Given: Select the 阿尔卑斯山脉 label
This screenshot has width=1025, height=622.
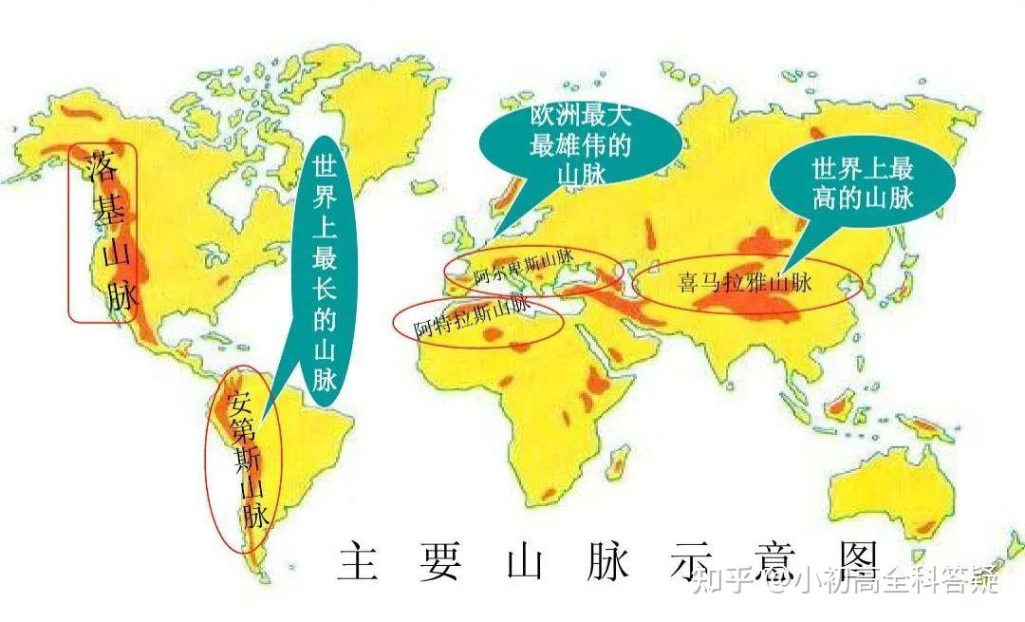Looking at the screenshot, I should pyautogui.click(x=524, y=267).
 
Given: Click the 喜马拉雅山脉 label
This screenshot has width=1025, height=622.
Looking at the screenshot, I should pyautogui.click(x=745, y=282).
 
